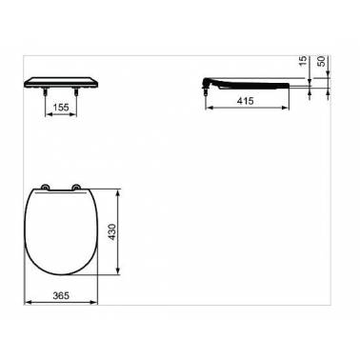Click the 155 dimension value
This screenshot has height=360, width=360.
(x=61, y=108)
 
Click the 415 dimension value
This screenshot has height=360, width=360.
(x=246, y=101)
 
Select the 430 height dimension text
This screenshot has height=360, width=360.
(x=113, y=231)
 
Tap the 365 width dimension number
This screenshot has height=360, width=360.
(x=61, y=295)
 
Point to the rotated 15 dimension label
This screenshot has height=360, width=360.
(x=304, y=61)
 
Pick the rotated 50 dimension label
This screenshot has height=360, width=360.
(x=322, y=61)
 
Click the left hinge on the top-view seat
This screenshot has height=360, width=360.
(x=45, y=188)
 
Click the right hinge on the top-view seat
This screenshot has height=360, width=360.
(x=76, y=188)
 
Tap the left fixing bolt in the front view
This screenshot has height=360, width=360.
(x=45, y=91)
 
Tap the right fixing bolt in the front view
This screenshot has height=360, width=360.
(x=76, y=91)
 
